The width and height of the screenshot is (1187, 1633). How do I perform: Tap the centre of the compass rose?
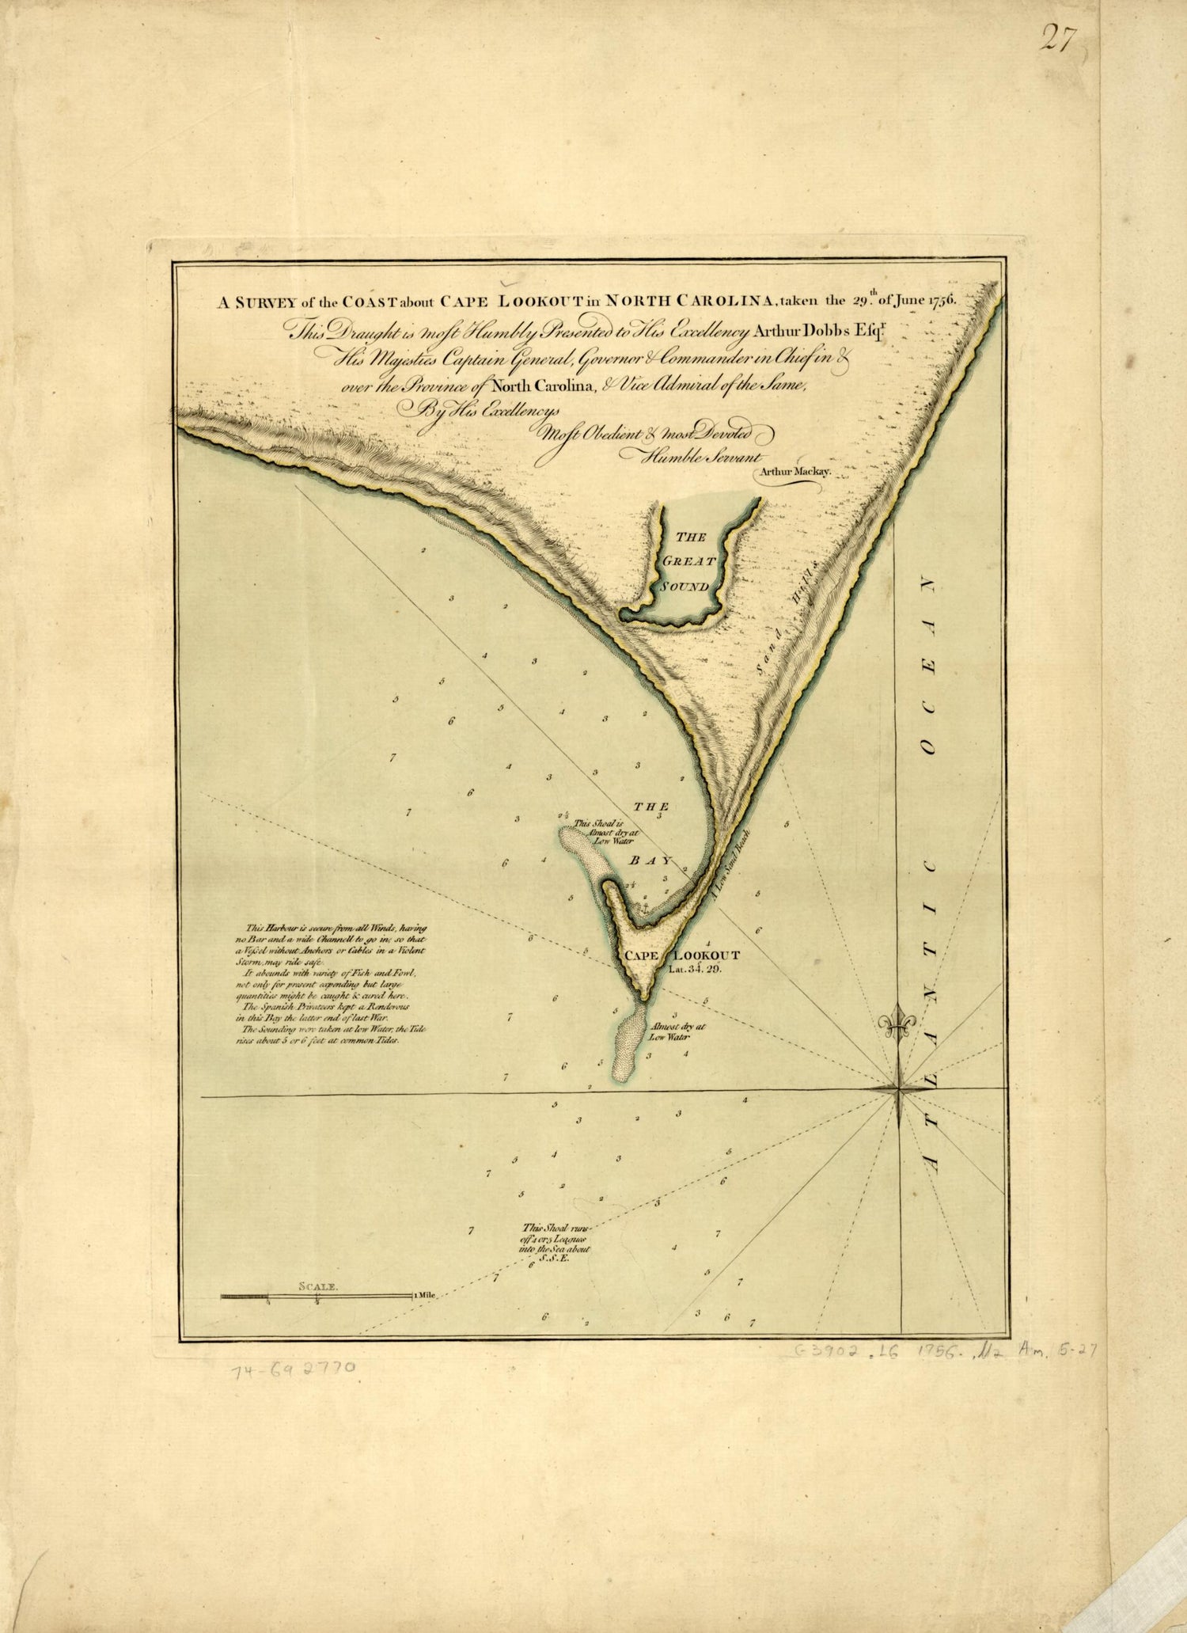click(x=899, y=1090)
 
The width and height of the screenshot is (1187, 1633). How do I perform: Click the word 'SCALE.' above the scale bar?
click(x=318, y=1287)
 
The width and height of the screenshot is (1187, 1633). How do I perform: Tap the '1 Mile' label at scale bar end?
click(x=424, y=1296)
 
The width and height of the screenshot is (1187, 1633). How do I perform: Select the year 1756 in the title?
click(x=939, y=300)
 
